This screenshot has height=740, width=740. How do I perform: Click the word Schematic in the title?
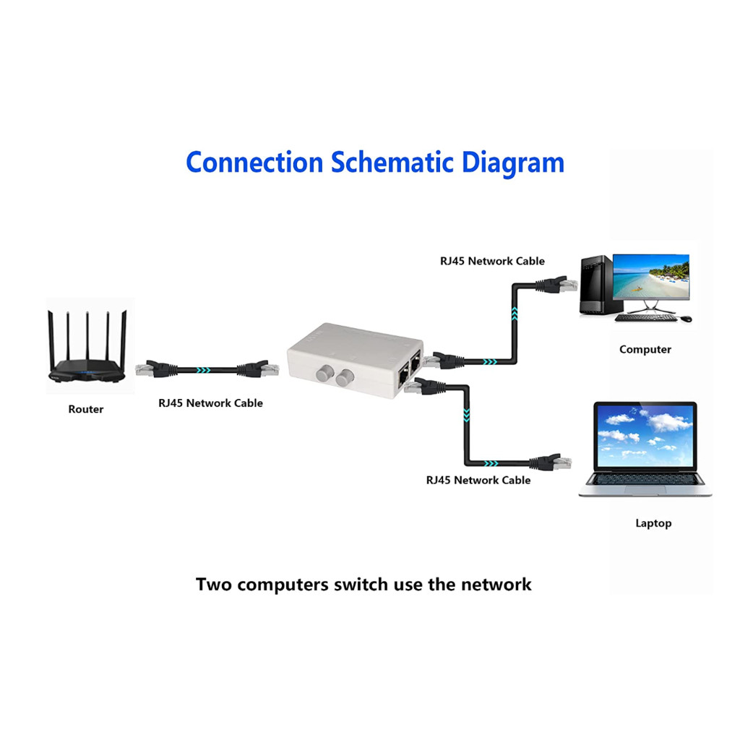pyautogui.click(x=392, y=163)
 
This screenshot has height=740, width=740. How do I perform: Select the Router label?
pyautogui.click(x=86, y=409)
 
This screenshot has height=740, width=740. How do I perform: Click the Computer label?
pyautogui.click(x=645, y=350)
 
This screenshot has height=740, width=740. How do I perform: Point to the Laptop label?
pyautogui.click(x=653, y=523)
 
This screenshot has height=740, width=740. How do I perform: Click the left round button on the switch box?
pyautogui.click(x=324, y=374)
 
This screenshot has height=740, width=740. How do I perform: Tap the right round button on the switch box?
pyautogui.click(x=345, y=377)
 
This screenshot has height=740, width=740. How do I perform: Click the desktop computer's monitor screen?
pyautogui.click(x=651, y=277)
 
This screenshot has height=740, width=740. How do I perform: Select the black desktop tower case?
pyautogui.click(x=596, y=285)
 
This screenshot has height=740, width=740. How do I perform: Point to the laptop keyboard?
pyautogui.click(x=645, y=479)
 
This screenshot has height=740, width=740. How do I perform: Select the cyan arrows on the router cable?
pyautogui.click(x=203, y=370)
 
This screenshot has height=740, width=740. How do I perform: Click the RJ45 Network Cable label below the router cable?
pyautogui.click(x=210, y=403)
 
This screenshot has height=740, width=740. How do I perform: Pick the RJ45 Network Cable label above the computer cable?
pyautogui.click(x=492, y=261)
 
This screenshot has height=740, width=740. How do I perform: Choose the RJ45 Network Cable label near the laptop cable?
pyautogui.click(x=478, y=480)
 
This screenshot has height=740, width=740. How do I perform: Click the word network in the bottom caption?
pyautogui.click(x=496, y=585)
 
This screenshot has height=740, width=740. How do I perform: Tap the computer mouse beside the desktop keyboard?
pyautogui.click(x=687, y=319)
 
